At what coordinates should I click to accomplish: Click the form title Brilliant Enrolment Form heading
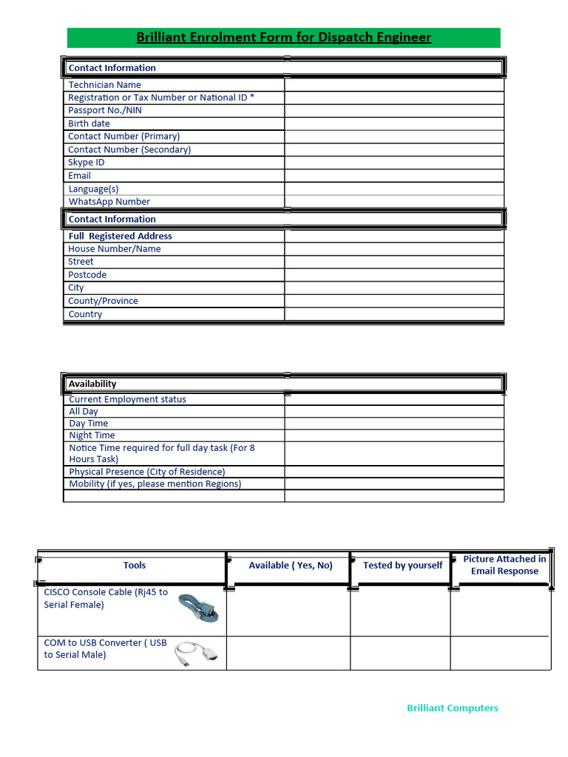[283, 38]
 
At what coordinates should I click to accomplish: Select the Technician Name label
[104, 85]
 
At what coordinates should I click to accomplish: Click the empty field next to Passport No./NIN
[393, 111]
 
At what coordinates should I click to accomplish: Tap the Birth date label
[89, 123]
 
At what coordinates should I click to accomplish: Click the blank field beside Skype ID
[393, 163]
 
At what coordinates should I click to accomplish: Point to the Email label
[79, 176]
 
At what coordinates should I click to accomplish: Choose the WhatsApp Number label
[109, 202]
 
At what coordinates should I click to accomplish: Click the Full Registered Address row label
[120, 237]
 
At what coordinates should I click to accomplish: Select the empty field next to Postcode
[393, 275]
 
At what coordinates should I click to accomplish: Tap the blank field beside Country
[393, 314]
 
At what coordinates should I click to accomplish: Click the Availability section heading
[92, 384]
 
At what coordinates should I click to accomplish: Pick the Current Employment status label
[127, 400]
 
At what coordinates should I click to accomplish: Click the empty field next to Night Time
[393, 435]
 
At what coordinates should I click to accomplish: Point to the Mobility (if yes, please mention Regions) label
[155, 484]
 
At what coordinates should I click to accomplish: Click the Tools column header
[135, 566]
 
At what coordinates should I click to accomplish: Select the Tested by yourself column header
[402, 566]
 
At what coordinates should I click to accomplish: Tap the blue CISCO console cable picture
[197, 610]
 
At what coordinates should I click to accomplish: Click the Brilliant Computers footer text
[453, 708]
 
